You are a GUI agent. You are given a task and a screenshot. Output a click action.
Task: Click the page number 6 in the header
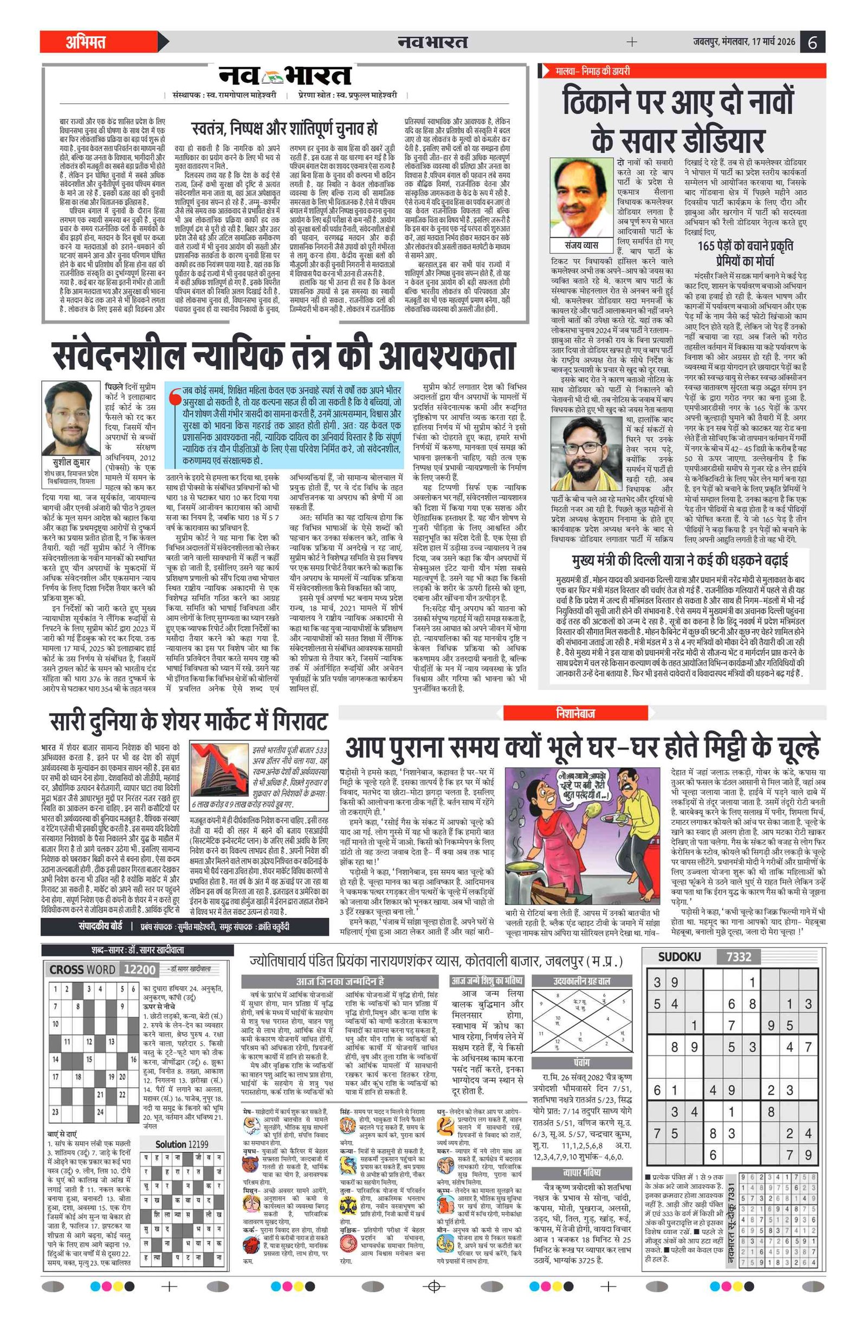point(812,42)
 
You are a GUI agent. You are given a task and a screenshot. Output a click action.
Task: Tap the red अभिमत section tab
point(86,42)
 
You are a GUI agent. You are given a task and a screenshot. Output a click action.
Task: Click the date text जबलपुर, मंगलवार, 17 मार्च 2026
point(744,42)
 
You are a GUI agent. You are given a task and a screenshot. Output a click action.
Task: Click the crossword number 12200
point(139,969)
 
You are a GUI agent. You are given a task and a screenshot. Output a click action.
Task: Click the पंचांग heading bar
point(582,1062)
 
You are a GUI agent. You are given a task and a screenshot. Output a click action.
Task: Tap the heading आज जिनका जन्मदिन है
point(340,981)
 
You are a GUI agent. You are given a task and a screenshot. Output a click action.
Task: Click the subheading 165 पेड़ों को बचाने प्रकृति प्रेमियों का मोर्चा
point(745,253)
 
